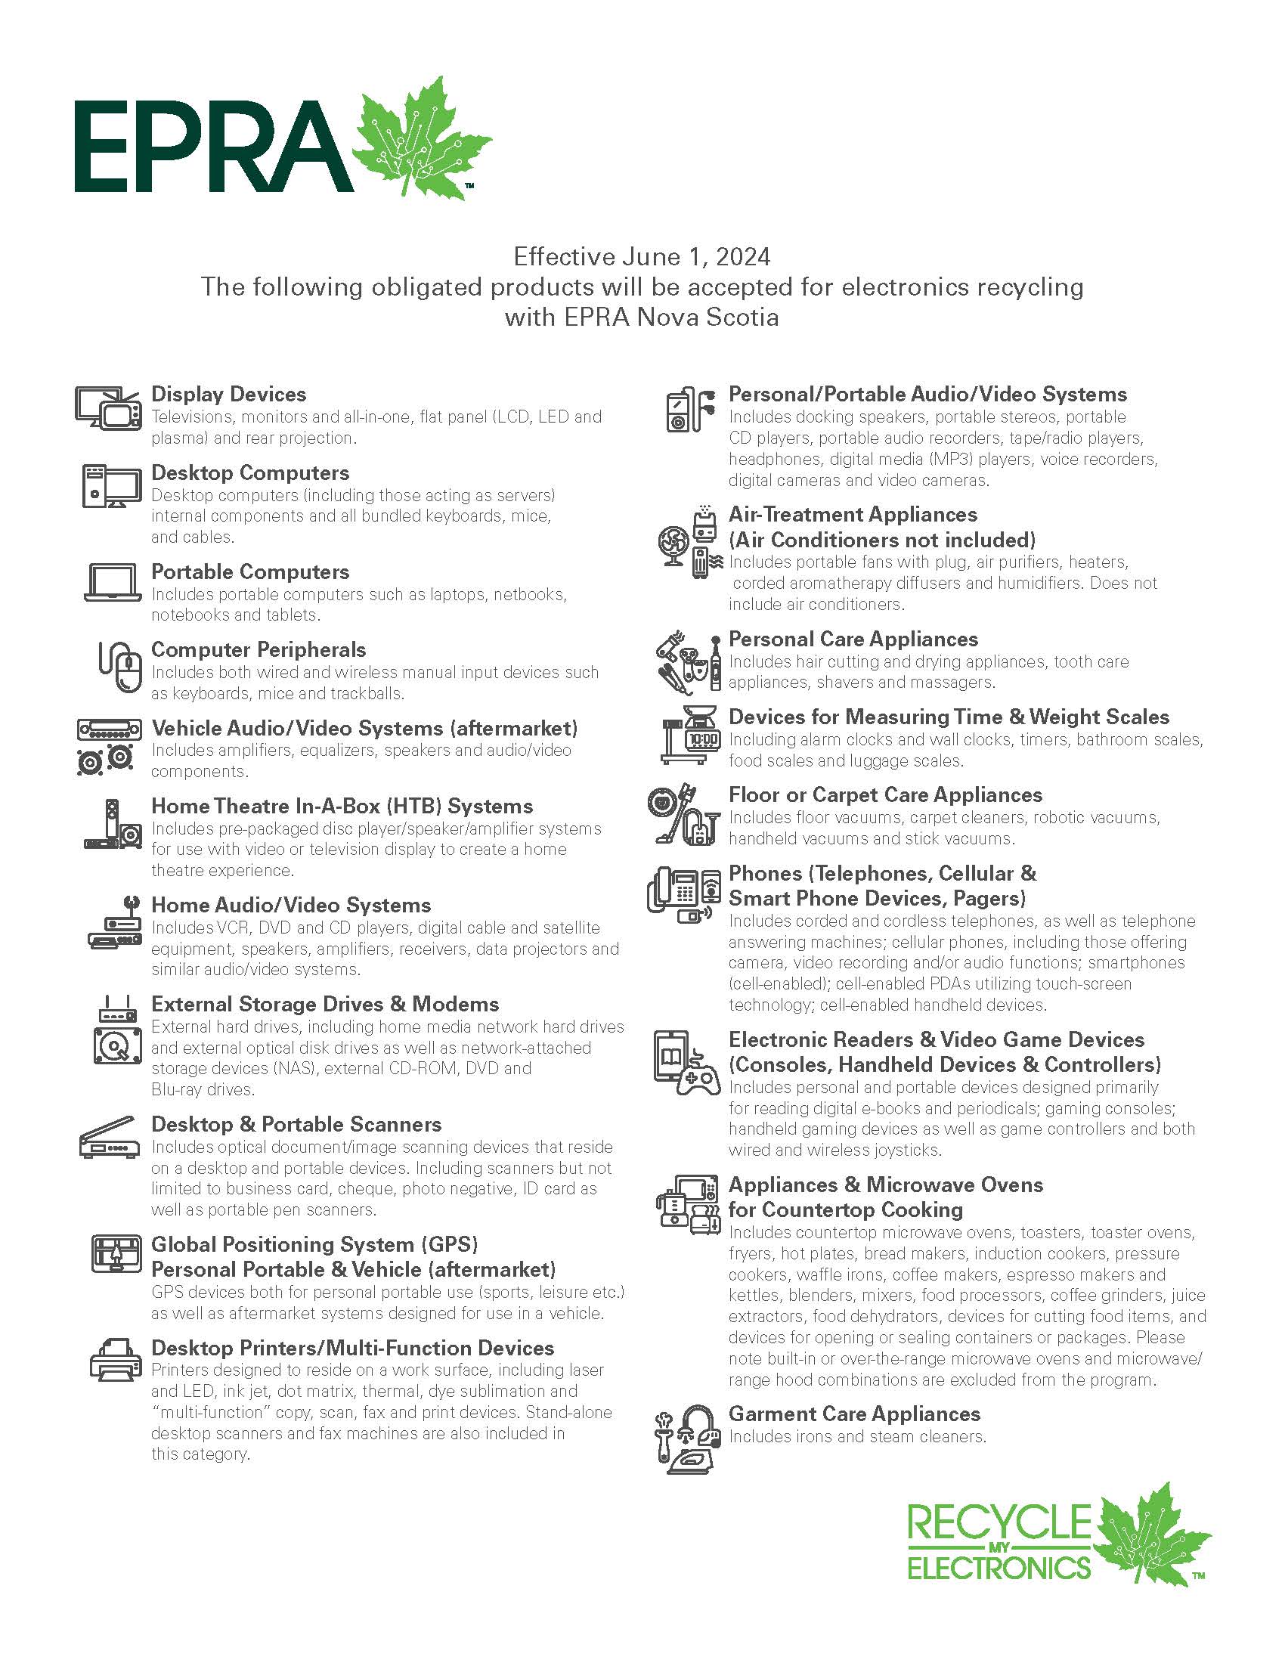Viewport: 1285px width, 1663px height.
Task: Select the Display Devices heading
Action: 228,395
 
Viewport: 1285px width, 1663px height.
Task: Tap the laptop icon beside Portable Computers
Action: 112,584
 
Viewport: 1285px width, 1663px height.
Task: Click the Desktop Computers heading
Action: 249,473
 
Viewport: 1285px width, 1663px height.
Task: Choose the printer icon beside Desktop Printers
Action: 115,1360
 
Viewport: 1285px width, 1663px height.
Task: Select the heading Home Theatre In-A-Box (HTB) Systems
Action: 342,807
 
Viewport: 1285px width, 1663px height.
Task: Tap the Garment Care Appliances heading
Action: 854,1414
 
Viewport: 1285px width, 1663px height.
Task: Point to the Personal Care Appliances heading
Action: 853,639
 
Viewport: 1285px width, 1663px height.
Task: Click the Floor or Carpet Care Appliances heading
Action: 884,795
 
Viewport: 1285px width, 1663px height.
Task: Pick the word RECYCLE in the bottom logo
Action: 999,1523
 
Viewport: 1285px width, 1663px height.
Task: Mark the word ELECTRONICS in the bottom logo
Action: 999,1569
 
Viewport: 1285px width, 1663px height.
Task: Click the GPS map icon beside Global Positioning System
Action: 116,1254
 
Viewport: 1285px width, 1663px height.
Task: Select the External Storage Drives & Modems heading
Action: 325,1005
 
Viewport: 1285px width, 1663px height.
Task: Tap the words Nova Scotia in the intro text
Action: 708,317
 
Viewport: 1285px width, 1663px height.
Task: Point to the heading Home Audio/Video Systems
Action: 291,906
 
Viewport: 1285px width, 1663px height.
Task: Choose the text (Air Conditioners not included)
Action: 881,540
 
